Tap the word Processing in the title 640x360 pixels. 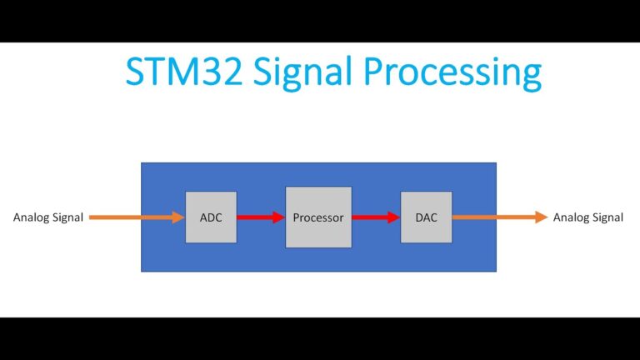[451, 73]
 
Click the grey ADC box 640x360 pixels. [211, 217]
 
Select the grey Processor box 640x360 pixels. [317, 217]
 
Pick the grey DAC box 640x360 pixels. [426, 217]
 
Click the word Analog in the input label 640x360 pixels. [31, 217]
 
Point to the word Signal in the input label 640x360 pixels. [67, 217]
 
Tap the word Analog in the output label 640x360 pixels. [571, 217]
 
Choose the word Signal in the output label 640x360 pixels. [607, 217]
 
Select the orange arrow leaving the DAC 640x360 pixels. [500, 217]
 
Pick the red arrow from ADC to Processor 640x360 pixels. [260, 217]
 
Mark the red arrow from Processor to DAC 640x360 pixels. [375, 217]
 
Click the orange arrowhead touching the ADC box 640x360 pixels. [178, 217]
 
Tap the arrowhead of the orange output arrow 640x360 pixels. [542, 217]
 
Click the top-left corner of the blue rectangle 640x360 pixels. [142, 163]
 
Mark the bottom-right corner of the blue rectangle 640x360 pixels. [496, 271]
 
